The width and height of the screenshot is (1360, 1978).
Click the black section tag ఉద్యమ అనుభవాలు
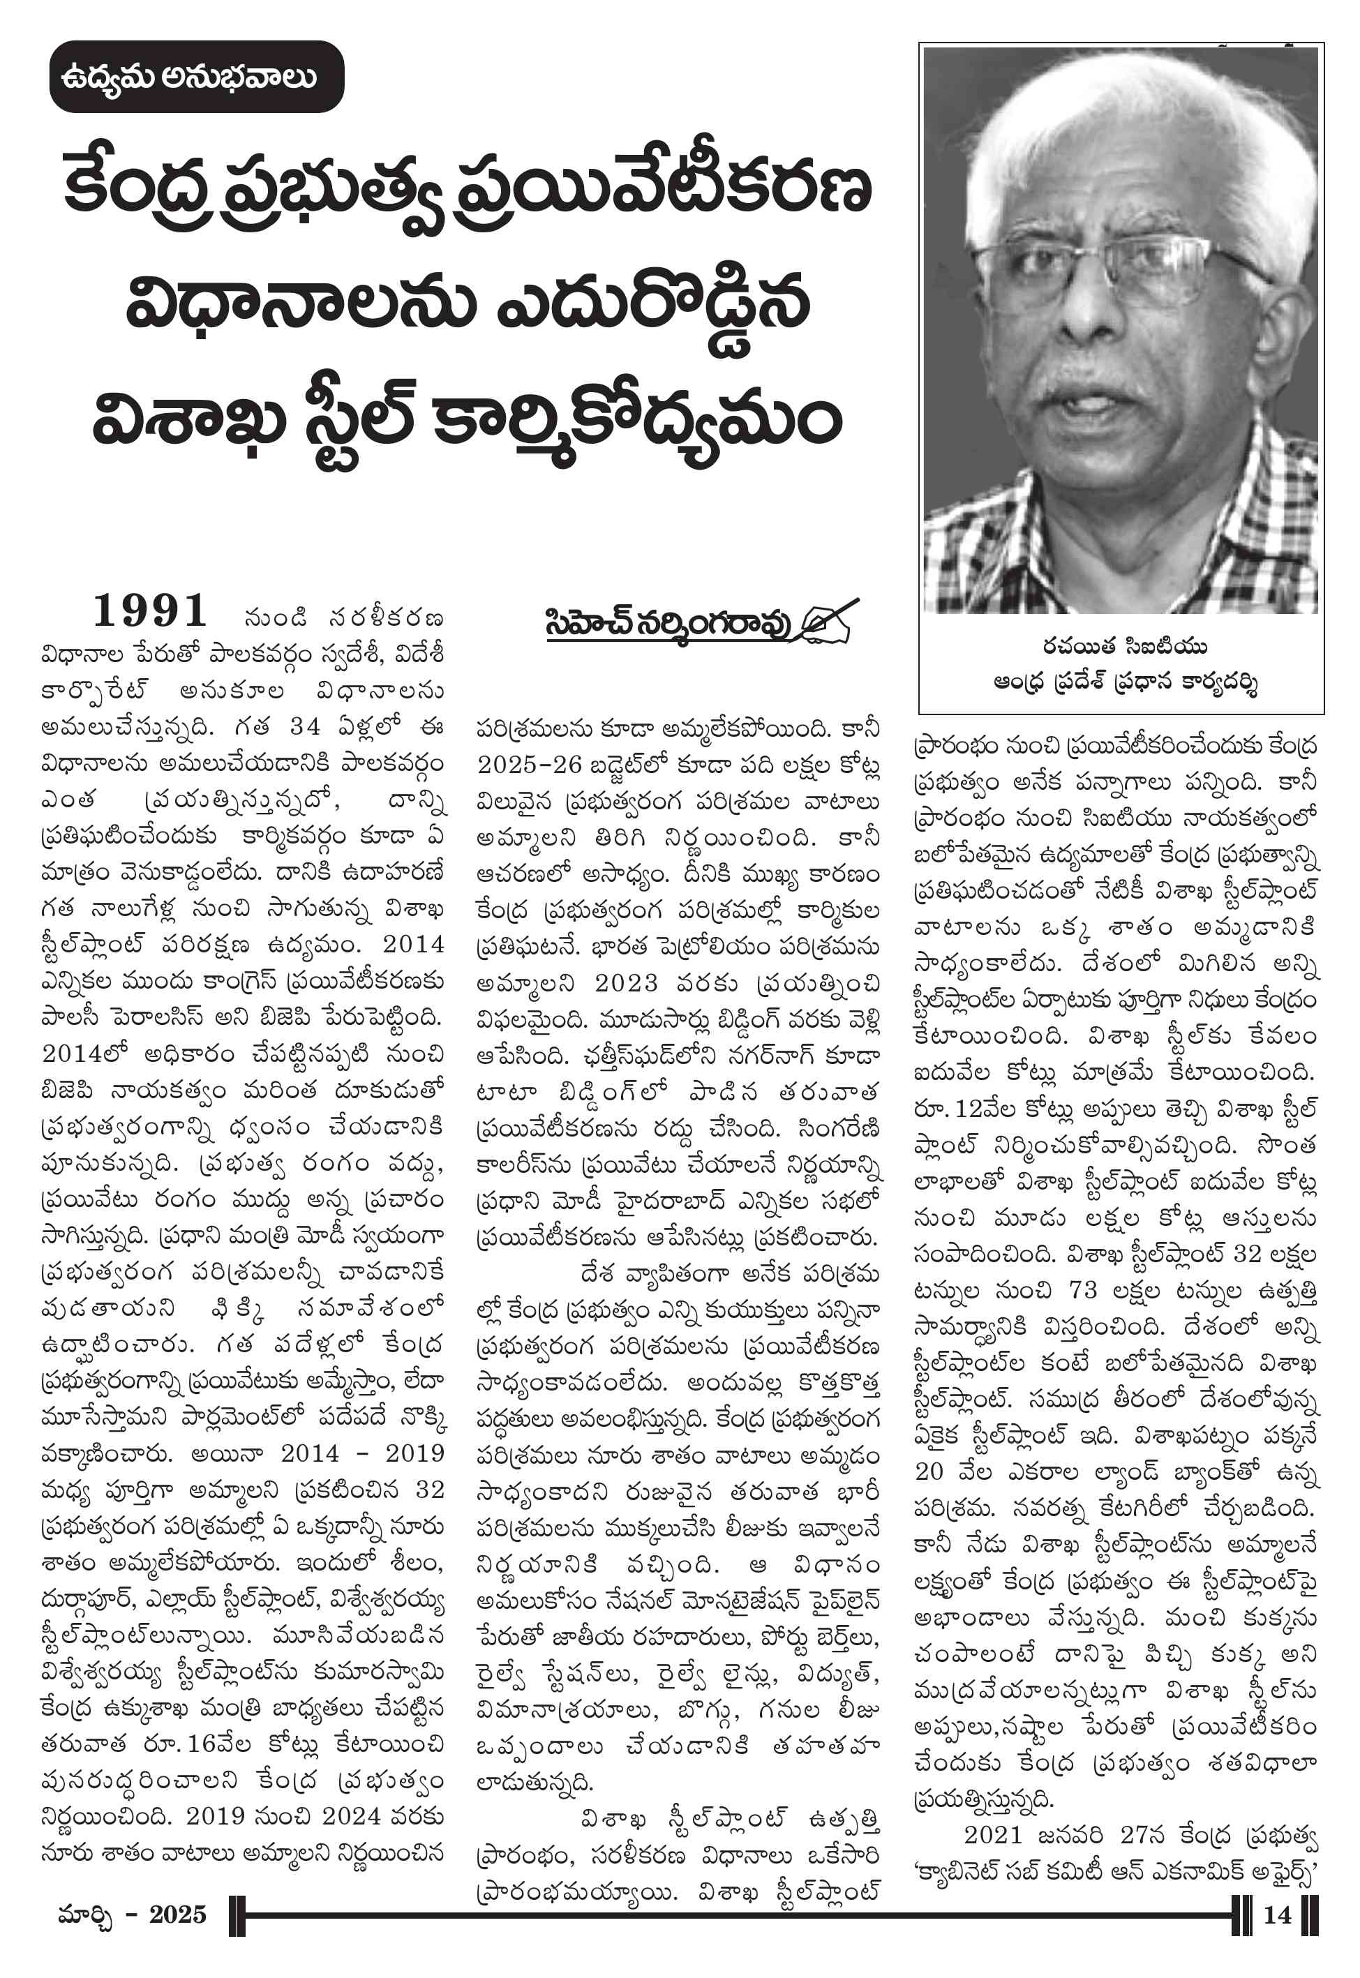pyautogui.click(x=196, y=77)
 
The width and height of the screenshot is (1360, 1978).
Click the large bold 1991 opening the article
pyautogui.click(x=150, y=610)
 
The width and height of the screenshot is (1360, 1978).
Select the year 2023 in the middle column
pyautogui.click(x=627, y=983)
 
